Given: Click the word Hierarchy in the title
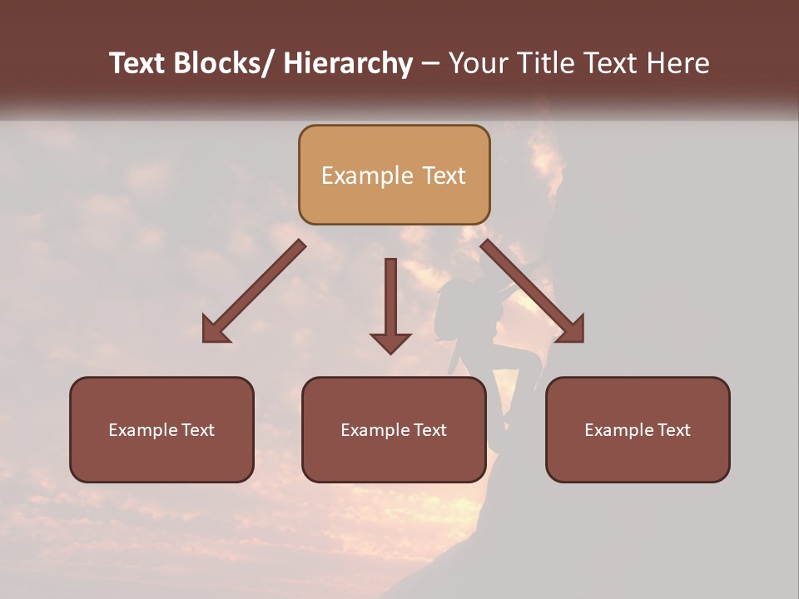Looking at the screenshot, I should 347,63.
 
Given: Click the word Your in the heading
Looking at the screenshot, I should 478,63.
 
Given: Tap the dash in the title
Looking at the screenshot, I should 430,65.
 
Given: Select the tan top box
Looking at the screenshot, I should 394,175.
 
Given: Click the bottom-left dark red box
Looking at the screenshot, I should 161,429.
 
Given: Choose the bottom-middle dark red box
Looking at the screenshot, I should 394,429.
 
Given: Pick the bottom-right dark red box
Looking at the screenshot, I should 638,429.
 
